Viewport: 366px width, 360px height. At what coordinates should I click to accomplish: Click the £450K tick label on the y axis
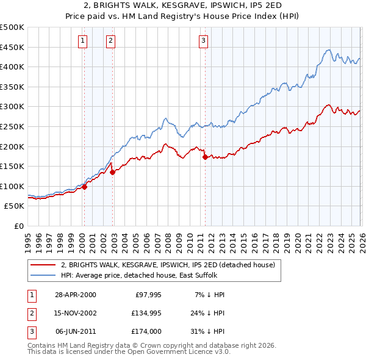click(x=12, y=47)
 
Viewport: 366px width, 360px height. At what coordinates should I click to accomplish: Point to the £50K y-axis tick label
click(x=14, y=206)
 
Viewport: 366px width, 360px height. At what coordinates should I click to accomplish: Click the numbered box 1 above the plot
click(x=82, y=41)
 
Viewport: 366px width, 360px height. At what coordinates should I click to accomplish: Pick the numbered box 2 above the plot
click(x=110, y=41)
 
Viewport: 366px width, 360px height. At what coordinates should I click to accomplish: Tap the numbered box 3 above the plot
click(x=203, y=41)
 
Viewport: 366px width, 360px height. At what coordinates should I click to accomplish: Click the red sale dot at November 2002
click(x=113, y=172)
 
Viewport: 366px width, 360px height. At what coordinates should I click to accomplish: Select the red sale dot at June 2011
click(x=205, y=157)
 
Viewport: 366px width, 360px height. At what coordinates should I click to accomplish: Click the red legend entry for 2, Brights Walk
click(x=168, y=265)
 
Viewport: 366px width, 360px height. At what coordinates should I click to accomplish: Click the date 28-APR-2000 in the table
click(x=76, y=295)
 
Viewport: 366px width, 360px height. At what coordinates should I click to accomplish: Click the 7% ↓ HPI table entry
click(x=211, y=295)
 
